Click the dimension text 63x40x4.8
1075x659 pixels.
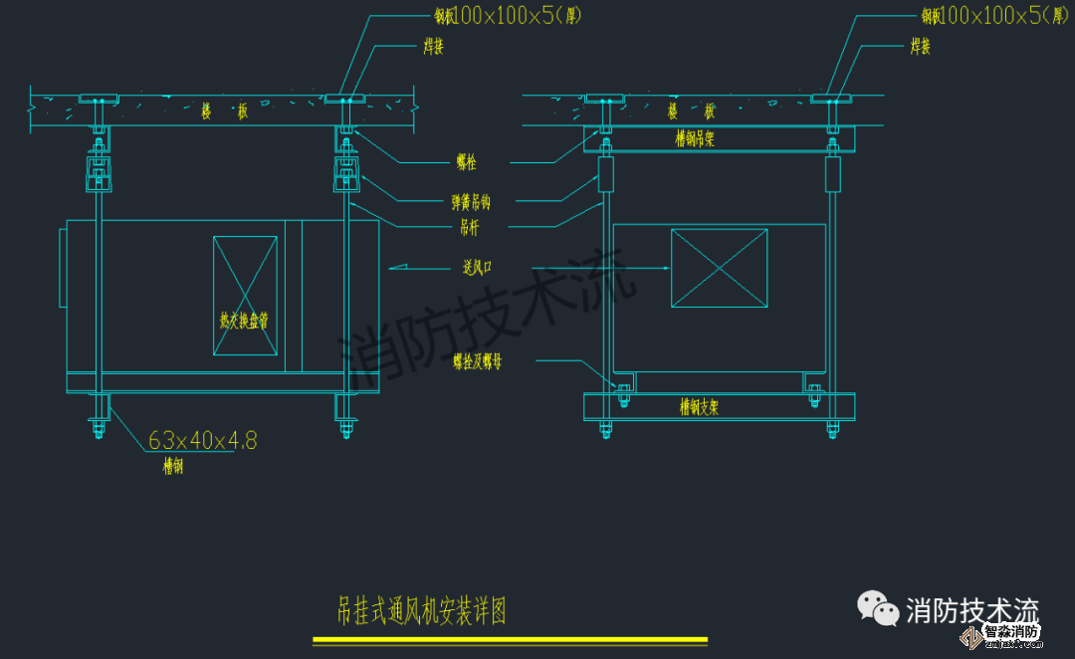[202, 440]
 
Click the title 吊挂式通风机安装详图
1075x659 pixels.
[422, 610]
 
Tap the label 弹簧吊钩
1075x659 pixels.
[470, 202]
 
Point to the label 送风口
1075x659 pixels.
[479, 267]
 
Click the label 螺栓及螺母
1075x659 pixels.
[477, 361]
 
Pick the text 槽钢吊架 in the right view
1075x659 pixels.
[694, 139]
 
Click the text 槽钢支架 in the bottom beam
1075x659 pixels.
[699, 406]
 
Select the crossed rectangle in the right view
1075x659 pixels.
[720, 268]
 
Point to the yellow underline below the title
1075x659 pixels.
[510, 640]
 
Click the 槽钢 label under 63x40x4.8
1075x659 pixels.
[173, 465]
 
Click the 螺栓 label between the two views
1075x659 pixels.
[466, 162]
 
